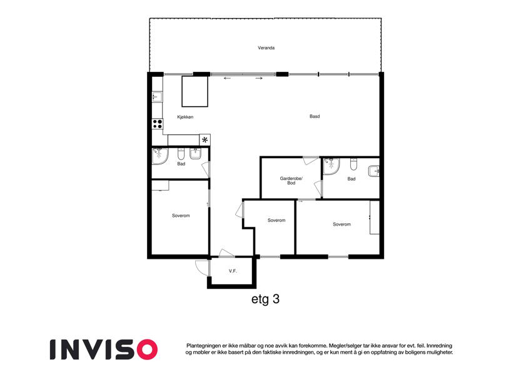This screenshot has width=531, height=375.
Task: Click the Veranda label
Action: (266, 48)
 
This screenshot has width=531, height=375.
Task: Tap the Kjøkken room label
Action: (185, 117)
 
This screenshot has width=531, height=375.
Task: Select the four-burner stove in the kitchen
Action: (157, 124)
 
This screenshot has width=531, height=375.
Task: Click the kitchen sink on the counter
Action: (157, 97)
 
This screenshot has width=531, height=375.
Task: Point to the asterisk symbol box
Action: (205, 140)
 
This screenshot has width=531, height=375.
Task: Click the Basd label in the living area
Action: (315, 116)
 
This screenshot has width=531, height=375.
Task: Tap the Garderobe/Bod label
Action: (291, 181)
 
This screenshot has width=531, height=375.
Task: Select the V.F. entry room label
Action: (233, 271)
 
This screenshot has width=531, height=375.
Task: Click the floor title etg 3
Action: (265, 299)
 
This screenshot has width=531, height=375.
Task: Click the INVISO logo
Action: (104, 349)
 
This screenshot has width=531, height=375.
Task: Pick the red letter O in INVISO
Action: (147, 349)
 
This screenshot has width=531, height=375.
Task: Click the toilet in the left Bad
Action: (181, 154)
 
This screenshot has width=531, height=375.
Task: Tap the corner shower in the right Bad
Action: (330, 166)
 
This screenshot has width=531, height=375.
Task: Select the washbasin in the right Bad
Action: (373, 171)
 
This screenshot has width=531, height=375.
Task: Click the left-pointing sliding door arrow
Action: (227, 79)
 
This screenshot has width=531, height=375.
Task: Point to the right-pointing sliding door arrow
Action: (259, 79)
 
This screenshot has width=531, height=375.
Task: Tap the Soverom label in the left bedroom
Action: (181, 216)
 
